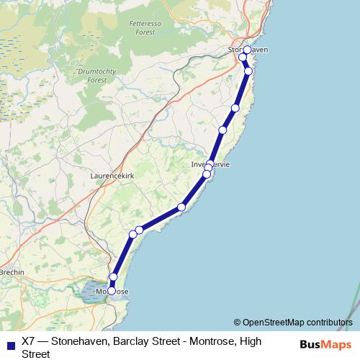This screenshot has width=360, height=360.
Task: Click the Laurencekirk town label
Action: (114, 175)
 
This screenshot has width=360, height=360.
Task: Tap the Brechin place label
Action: (12, 272)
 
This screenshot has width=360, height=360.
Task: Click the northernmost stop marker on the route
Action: (247, 50)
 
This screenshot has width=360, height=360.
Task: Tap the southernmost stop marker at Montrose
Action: (112, 291)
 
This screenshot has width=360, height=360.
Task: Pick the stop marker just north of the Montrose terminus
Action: (113, 277)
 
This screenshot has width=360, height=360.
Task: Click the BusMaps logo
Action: (326, 344)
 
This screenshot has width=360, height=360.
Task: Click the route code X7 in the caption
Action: (29, 341)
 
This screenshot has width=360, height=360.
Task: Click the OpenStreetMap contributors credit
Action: (297, 323)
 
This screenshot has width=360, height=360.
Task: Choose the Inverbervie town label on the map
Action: (210, 164)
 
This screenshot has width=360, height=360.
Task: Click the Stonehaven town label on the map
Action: (248, 50)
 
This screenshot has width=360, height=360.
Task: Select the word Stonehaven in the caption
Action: (84, 341)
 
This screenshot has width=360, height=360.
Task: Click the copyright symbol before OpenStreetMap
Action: (237, 323)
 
